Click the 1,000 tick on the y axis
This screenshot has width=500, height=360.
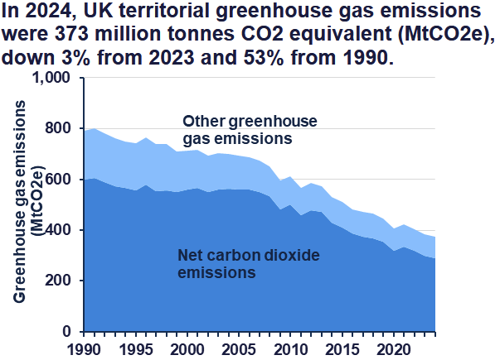click(x=51, y=78)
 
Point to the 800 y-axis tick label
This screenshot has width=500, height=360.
click(x=57, y=128)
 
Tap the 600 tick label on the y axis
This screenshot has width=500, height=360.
click(x=57, y=180)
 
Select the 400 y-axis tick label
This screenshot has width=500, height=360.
click(x=57, y=230)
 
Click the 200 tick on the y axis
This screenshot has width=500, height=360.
click(x=57, y=281)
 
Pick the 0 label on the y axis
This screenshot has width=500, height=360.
click(x=66, y=331)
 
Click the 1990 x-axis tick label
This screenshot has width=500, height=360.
click(x=85, y=350)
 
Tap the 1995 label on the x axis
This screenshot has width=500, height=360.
click(x=136, y=350)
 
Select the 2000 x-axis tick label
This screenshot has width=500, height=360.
click(x=187, y=350)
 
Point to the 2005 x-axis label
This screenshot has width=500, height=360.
click(x=239, y=350)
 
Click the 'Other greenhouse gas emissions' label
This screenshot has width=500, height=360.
click(x=250, y=130)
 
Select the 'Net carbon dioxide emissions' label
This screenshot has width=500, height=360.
click(x=249, y=264)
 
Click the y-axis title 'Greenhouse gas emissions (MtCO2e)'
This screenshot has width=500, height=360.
click(x=29, y=201)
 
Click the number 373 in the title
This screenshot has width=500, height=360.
click(x=71, y=34)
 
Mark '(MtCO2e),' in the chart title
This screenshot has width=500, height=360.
click(x=446, y=35)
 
